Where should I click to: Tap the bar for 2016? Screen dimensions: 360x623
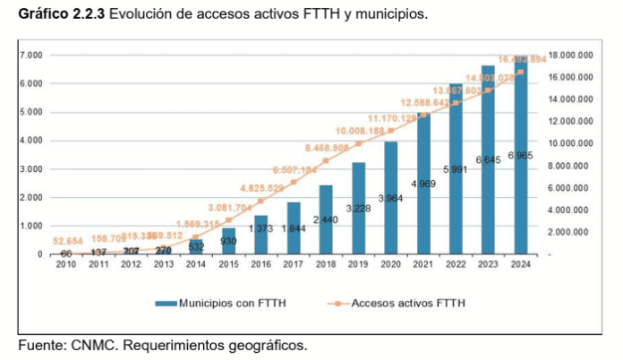pos(260,235)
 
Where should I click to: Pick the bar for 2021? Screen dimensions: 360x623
pos(423,184)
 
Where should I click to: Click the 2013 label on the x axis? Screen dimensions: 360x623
pos(163,264)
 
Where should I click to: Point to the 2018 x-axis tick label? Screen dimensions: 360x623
pos(326,264)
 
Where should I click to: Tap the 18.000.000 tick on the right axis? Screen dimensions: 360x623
pos(571,56)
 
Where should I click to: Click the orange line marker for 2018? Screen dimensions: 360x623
pos(326,161)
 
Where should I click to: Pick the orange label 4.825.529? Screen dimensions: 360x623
pos(262,188)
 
